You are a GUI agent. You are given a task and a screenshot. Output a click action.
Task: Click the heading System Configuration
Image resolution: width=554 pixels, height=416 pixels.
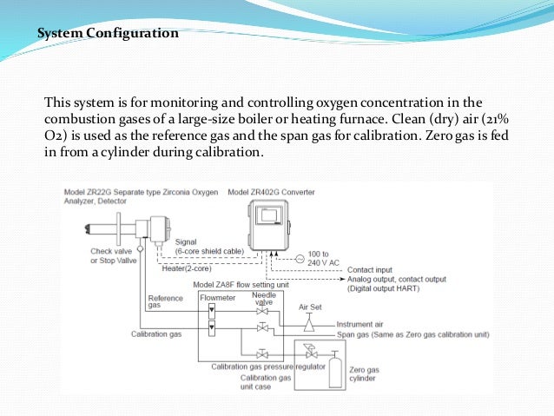pyautogui.click(x=109, y=34)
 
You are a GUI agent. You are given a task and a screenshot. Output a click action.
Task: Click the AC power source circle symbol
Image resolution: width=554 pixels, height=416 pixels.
pyautogui.click(x=299, y=260)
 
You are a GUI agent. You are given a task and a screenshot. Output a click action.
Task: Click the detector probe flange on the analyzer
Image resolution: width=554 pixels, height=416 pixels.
pyautogui.click(x=115, y=228)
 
